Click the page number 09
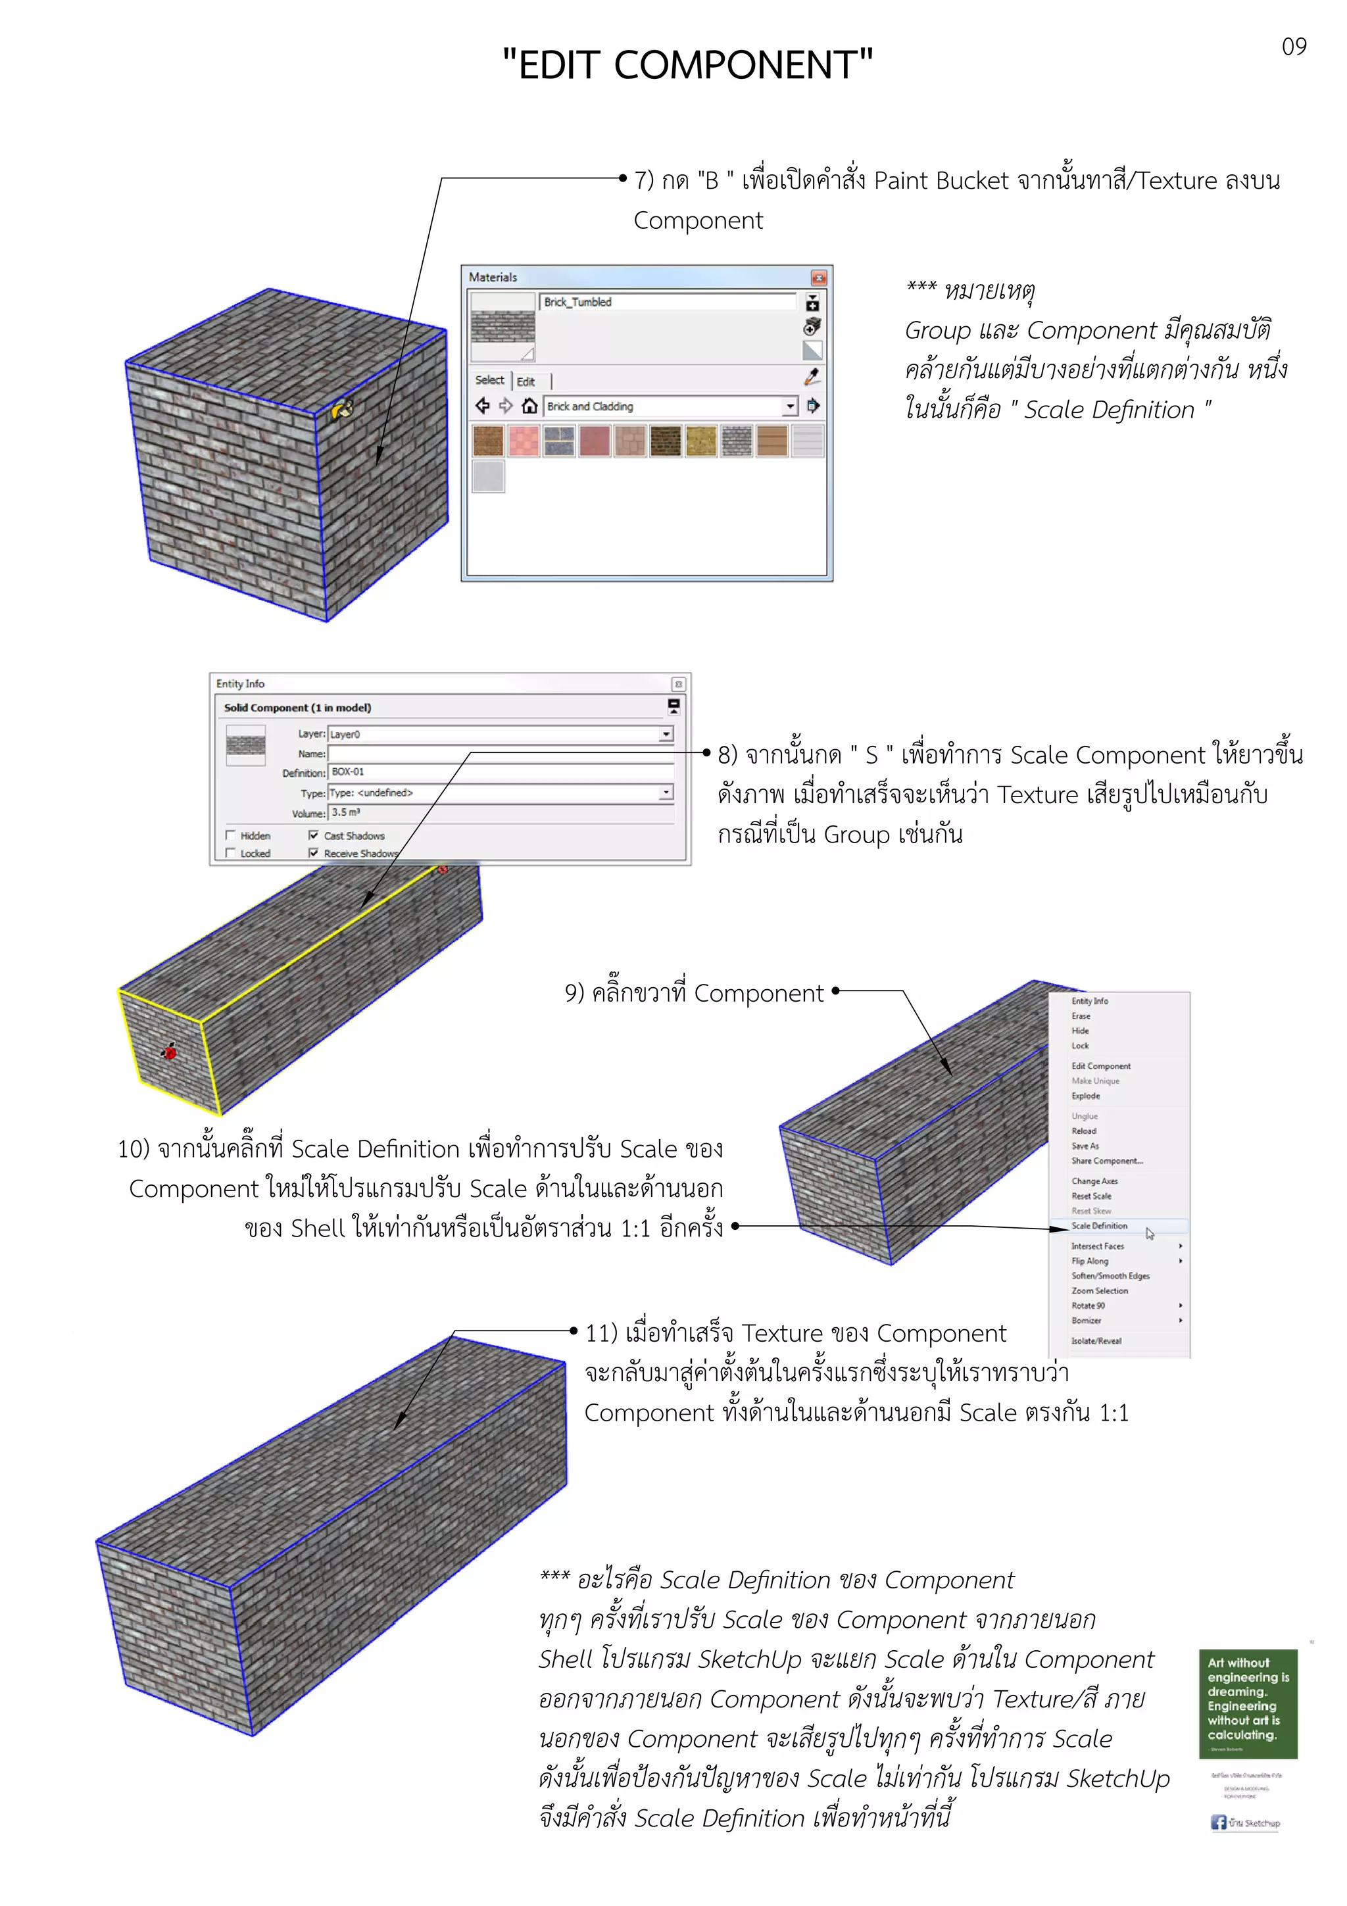click(1293, 47)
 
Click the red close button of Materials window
click(818, 278)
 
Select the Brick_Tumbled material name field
click(668, 302)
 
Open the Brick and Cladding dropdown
click(789, 406)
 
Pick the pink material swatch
click(523, 441)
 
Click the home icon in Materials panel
click(529, 406)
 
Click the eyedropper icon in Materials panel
click(812, 378)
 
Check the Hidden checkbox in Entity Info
click(231, 835)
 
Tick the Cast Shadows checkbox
click(313, 835)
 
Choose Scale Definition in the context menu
click(1099, 1226)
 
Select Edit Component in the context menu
click(1100, 1066)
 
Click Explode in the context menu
click(1086, 1096)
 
